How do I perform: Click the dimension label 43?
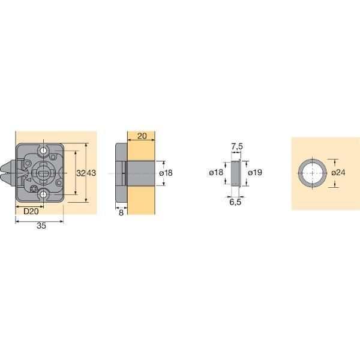pyautogui.click(x=91, y=173)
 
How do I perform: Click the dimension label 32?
pyautogui.click(x=81, y=173)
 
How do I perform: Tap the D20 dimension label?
pyautogui.click(x=31, y=211)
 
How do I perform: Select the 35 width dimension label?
pyautogui.click(x=41, y=226)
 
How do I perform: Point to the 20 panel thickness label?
pyautogui.click(x=142, y=136)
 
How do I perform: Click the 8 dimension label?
pyautogui.click(x=121, y=212)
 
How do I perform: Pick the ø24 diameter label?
pyautogui.click(x=338, y=172)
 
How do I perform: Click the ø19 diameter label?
pyautogui.click(x=255, y=172)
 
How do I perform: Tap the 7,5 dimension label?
pyautogui.click(x=237, y=146)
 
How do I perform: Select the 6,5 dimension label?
pyautogui.click(x=236, y=202)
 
